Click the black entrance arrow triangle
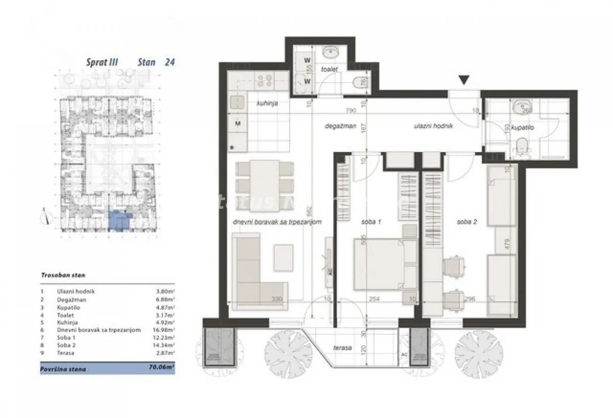[463, 80]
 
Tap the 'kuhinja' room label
[260, 103]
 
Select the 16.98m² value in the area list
[163, 330]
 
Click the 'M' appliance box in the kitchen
[238, 123]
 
